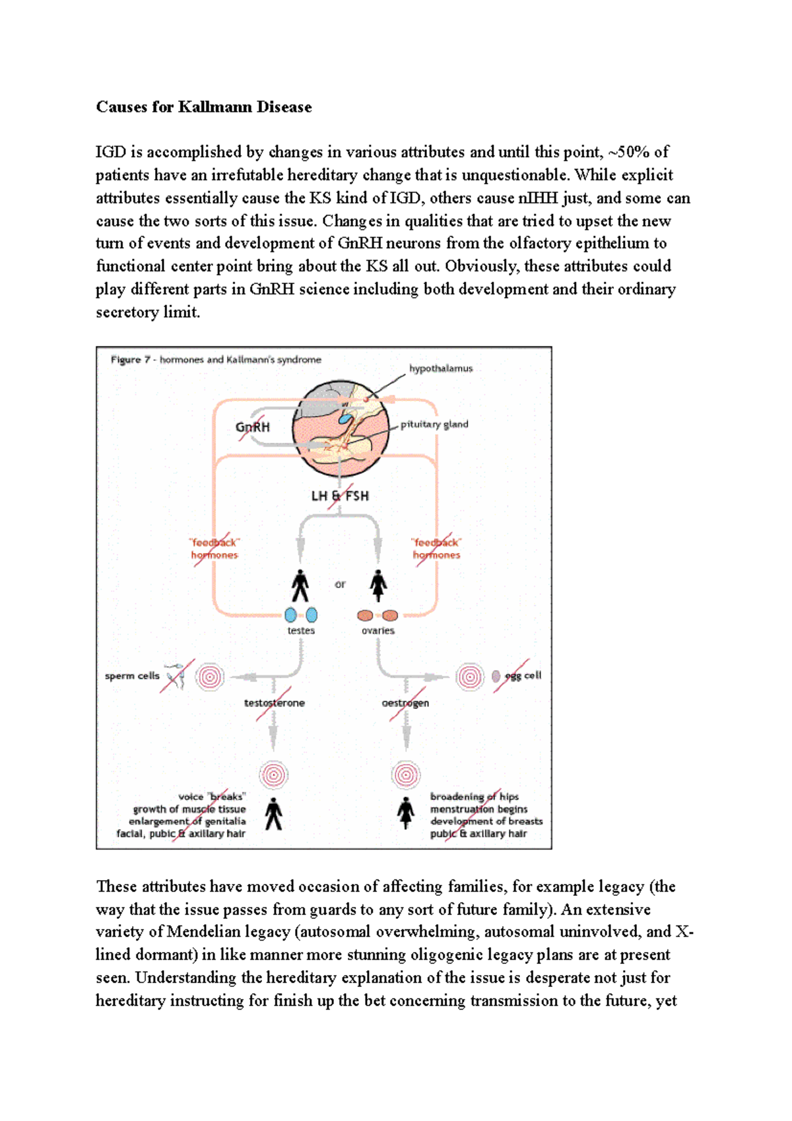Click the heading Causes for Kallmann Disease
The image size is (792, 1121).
coord(203,107)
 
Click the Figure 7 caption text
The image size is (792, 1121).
coord(216,360)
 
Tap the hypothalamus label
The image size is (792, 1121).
coord(440,368)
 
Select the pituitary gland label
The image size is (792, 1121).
coord(434,424)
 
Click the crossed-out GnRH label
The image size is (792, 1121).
coord(253,427)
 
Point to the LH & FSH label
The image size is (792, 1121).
coord(340,496)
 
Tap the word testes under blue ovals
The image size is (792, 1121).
coord(301,630)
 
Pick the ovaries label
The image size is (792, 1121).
coord(378,630)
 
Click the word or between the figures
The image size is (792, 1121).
coord(340,584)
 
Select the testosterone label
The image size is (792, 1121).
coord(275,703)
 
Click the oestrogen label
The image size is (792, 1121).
coord(405,703)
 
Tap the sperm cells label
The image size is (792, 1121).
coord(132,676)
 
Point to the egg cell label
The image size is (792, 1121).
coord(523,675)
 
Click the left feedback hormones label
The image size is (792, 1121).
coord(214,549)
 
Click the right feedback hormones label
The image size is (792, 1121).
coord(436,549)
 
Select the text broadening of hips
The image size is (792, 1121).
coord(474,797)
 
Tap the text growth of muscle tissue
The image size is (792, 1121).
coord(189,809)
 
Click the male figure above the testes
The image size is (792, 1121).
coord(300,586)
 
